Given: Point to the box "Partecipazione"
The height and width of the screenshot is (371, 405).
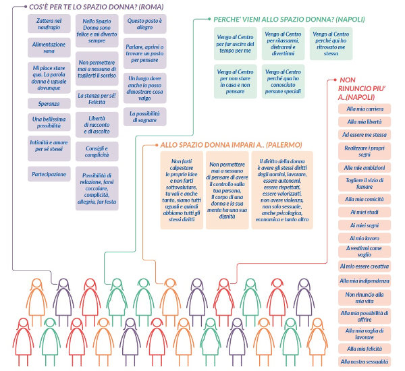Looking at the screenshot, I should (49, 174).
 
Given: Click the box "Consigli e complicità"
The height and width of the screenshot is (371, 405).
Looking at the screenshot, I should (97, 150).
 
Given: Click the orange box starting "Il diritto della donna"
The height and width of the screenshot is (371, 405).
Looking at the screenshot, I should (284, 191).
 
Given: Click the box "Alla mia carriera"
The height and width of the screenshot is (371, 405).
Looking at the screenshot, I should (365, 109).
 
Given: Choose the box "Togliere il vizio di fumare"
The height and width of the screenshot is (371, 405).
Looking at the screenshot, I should (365, 183).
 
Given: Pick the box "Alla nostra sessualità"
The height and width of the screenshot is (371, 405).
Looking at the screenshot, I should (365, 362).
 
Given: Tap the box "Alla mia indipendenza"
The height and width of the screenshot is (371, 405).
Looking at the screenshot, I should (365, 281).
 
